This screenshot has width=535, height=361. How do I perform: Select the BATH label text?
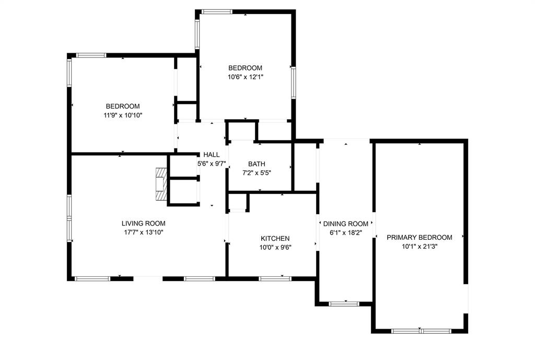[x=257, y=164]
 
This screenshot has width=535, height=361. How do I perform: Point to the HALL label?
[x=212, y=155]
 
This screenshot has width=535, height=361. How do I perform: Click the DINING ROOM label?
[x=345, y=224]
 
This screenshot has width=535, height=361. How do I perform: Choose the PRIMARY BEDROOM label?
[x=420, y=237]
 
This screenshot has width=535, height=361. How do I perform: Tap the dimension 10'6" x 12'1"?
[x=245, y=77]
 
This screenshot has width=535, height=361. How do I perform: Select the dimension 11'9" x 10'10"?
[x=123, y=115]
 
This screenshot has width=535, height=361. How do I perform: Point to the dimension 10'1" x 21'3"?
[x=420, y=247]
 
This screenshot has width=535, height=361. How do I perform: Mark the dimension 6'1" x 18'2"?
[x=345, y=233]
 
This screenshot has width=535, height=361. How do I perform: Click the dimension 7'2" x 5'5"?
[x=257, y=173]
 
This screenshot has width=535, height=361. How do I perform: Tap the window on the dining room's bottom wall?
[x=344, y=303]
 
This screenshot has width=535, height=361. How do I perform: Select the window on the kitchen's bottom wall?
[x=275, y=278]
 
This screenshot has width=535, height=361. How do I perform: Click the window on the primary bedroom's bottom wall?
[x=421, y=331]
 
